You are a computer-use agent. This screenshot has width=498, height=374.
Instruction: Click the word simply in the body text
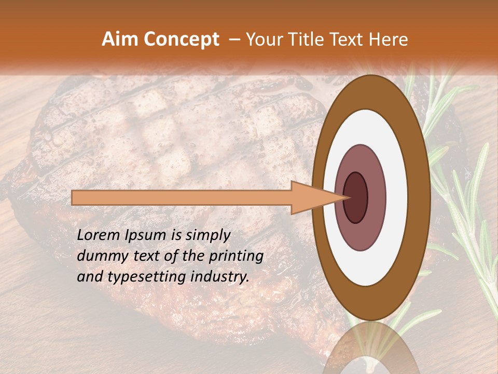coord(207,235)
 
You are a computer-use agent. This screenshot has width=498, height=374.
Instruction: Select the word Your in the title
coord(261,39)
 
